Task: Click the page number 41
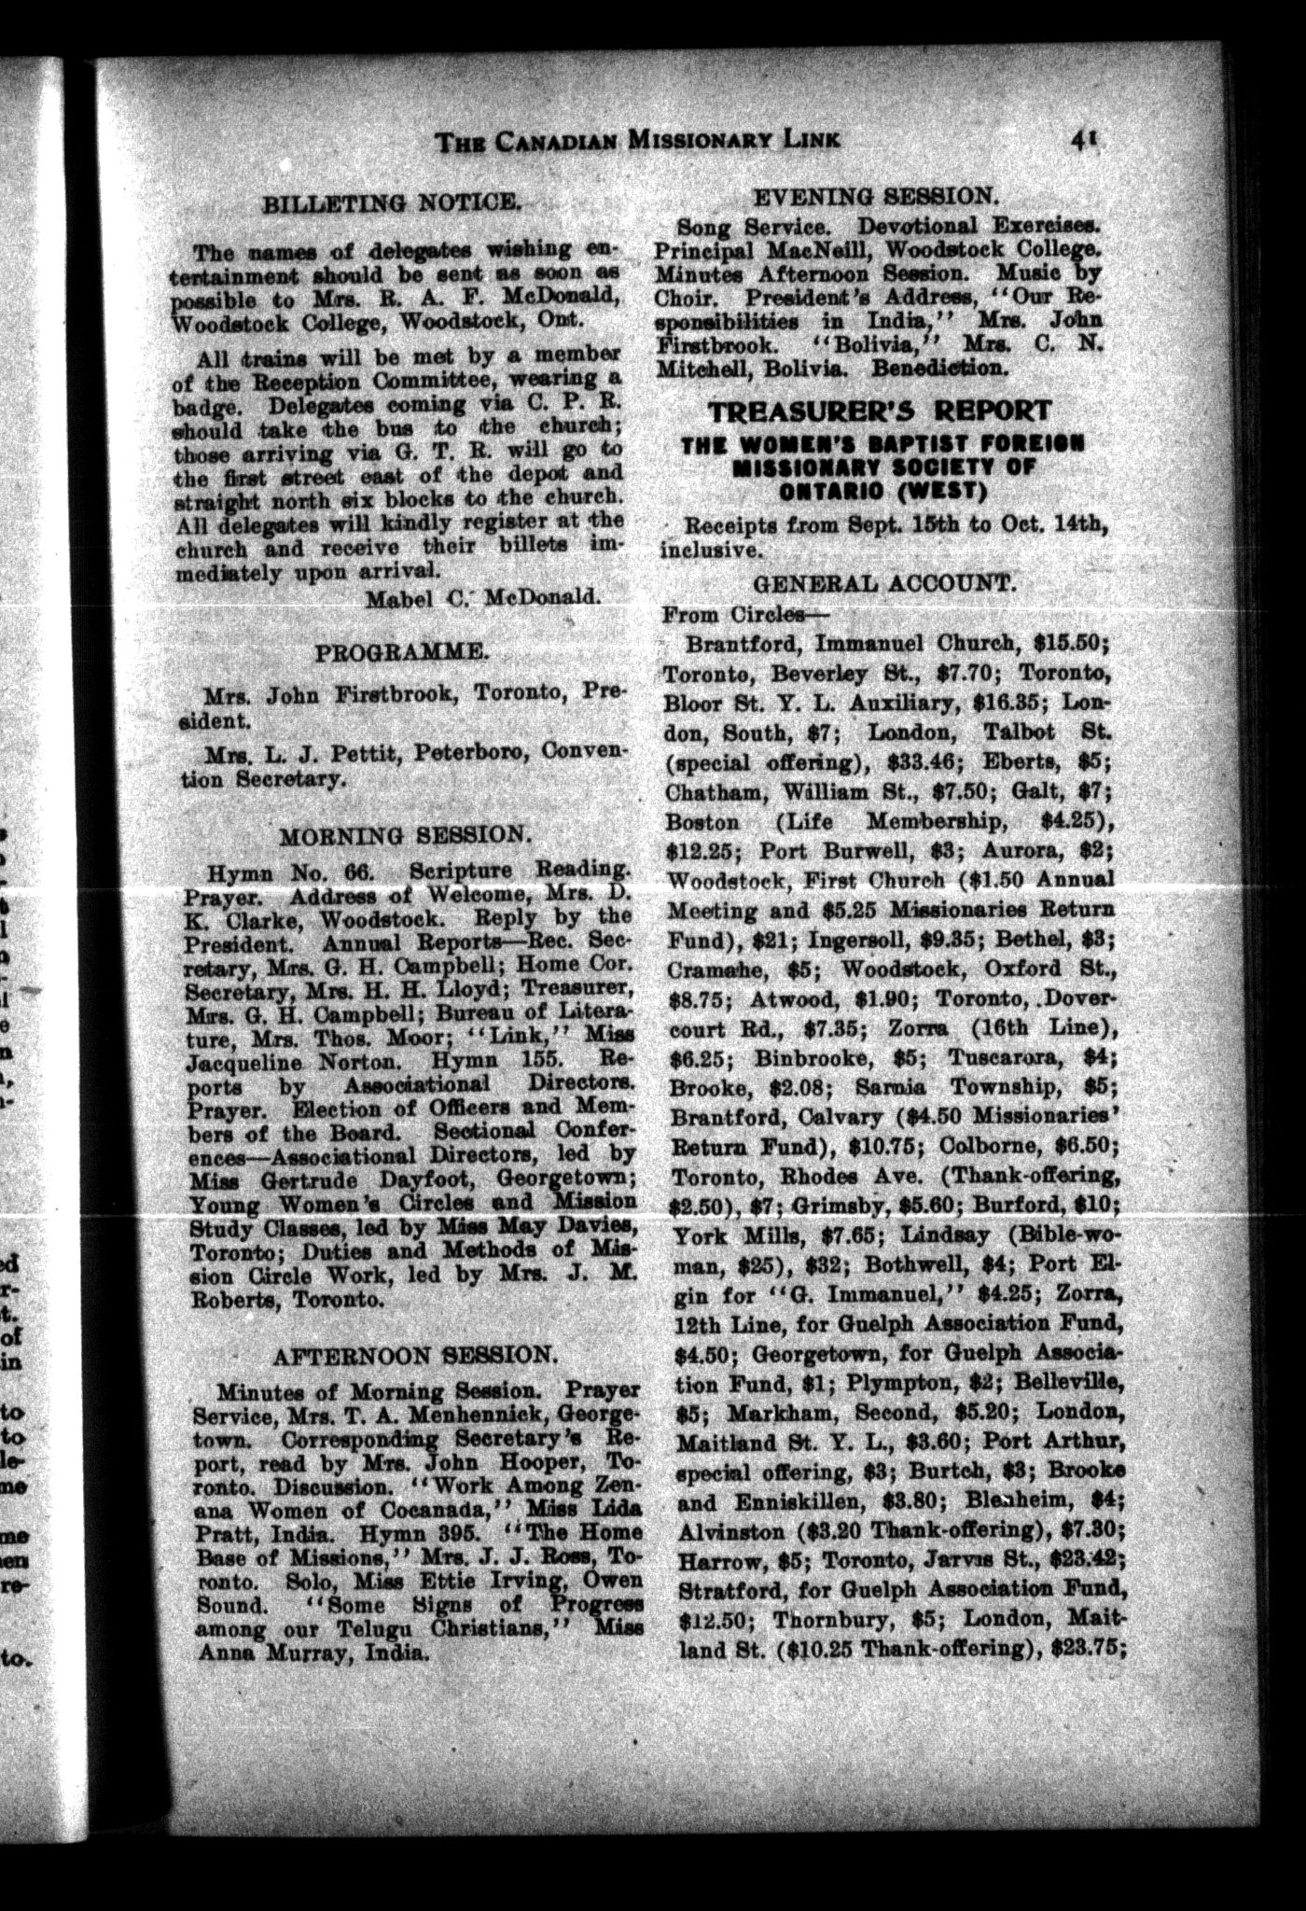click(1085, 139)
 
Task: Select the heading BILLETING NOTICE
click(391, 202)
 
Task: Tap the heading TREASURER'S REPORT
click(879, 411)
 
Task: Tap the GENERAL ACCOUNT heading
click(882, 583)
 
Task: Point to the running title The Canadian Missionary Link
click(638, 141)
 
